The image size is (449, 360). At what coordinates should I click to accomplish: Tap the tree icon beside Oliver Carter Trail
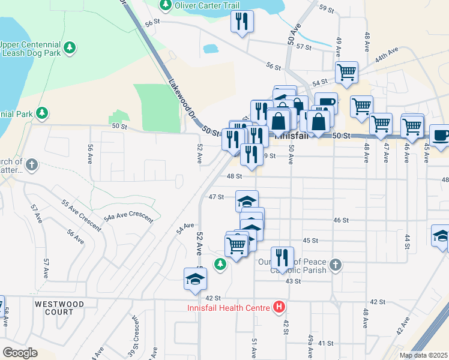coord(166,5)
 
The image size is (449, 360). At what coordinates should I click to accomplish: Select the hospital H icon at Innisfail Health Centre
coord(279,308)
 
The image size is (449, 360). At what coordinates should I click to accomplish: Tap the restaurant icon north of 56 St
coord(242,22)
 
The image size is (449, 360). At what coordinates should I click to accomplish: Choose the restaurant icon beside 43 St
coord(282,257)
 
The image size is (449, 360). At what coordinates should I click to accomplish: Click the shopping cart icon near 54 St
coord(346,72)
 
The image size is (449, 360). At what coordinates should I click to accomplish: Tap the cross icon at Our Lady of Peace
coord(336,264)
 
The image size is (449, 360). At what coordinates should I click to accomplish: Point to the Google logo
coord(20,353)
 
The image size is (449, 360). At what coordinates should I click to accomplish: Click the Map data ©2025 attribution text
coord(423,355)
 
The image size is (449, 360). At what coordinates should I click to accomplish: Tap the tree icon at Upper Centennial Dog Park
coord(70,47)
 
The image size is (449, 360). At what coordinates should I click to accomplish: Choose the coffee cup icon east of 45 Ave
coord(440,135)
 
